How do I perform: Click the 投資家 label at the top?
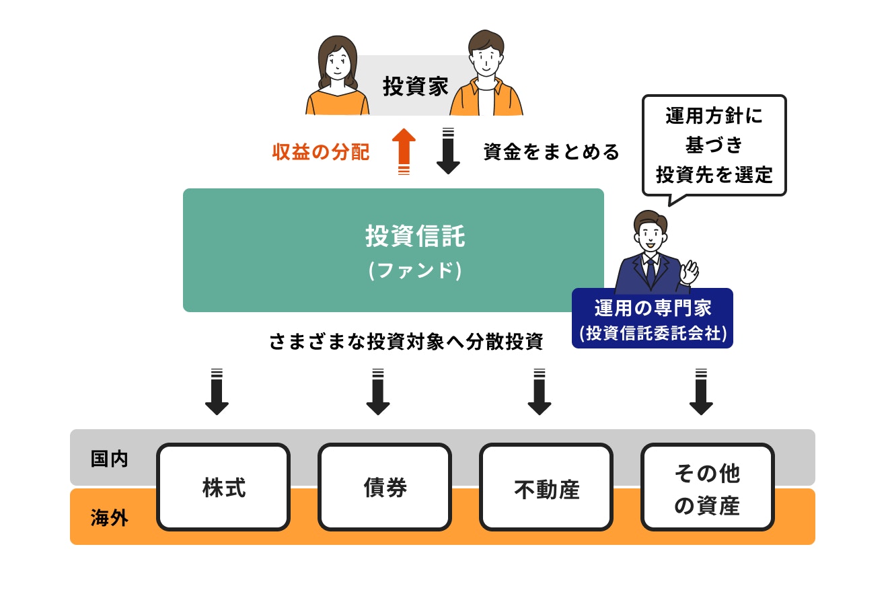click(x=415, y=87)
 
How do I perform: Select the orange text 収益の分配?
click(x=321, y=152)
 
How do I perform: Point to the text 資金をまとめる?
click(x=551, y=152)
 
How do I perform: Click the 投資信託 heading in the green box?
click(x=415, y=237)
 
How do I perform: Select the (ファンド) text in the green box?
click(x=415, y=270)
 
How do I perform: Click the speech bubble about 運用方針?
click(x=714, y=145)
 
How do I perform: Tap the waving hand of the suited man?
click(x=690, y=272)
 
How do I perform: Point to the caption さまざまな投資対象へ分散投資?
click(x=406, y=342)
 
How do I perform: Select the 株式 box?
click(x=224, y=487)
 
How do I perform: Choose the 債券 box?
click(x=385, y=487)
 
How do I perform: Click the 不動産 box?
click(x=546, y=488)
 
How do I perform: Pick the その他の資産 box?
click(x=707, y=488)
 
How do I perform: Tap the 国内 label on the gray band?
click(x=110, y=459)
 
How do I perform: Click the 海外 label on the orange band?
click(x=110, y=519)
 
